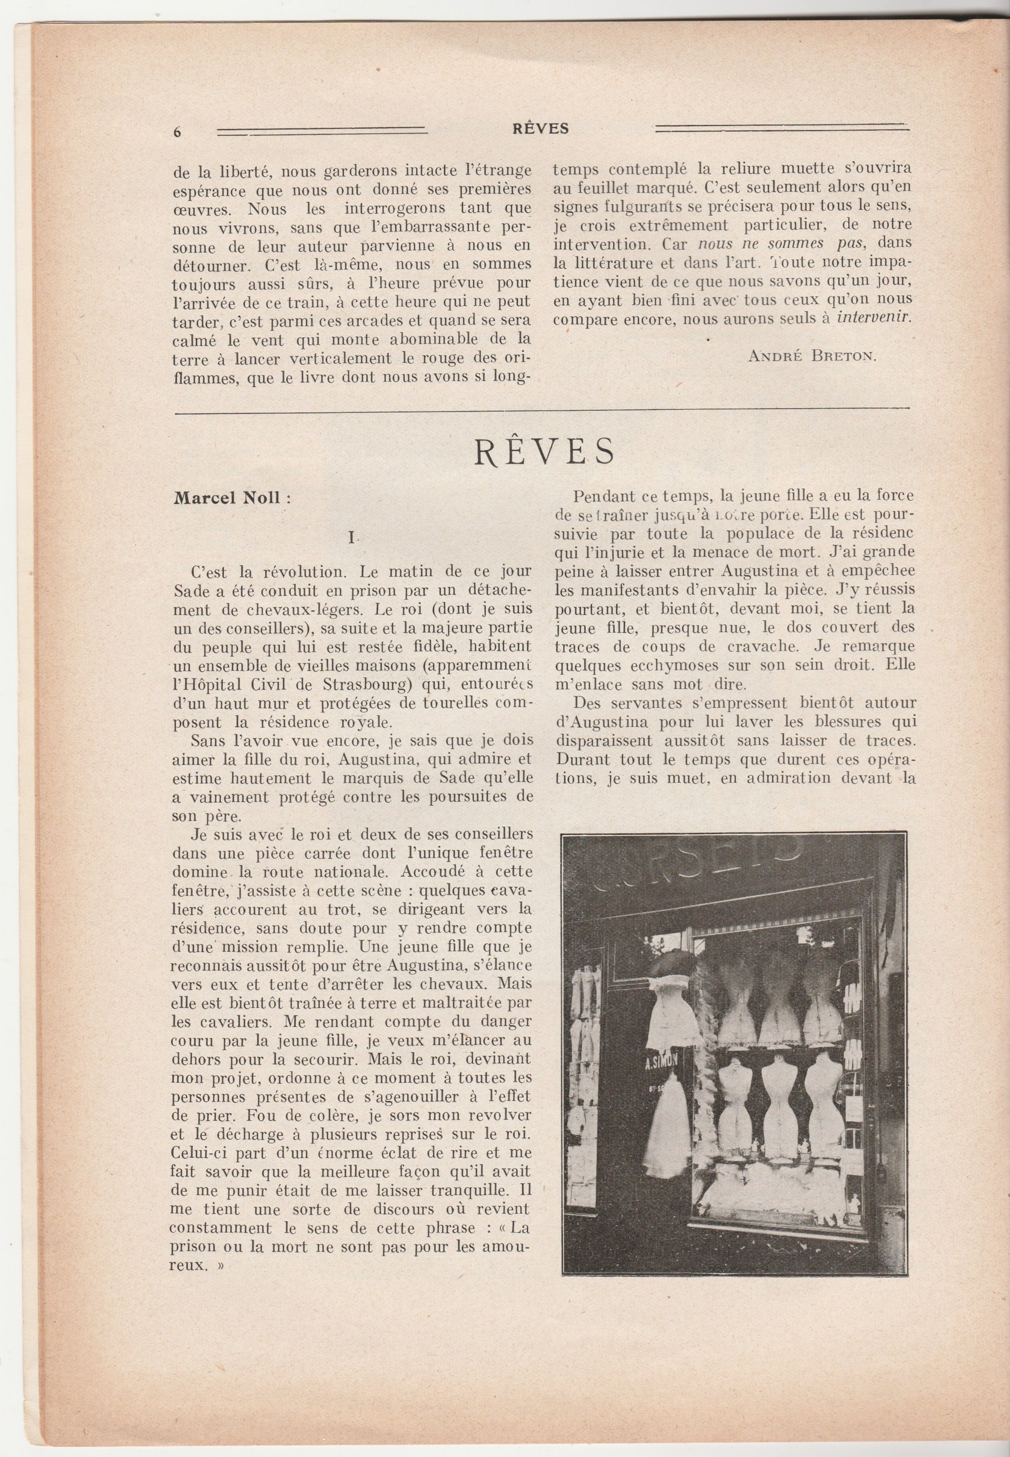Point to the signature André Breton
[x=813, y=355]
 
